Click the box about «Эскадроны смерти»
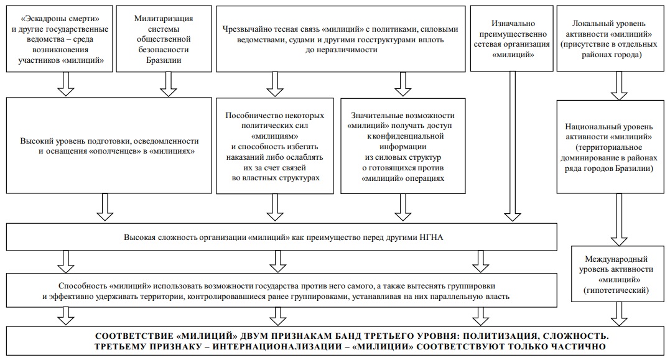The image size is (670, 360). point(59,39)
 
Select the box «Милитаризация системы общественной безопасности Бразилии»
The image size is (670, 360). point(164,39)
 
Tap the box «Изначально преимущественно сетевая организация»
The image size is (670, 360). point(512,39)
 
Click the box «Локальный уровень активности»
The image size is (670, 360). point(610,39)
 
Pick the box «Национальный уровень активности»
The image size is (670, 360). point(610,147)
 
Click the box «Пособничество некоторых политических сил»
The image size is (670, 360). point(275,146)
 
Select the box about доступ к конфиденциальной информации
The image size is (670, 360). point(403,146)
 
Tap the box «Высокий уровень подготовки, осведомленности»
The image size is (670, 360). point(109,145)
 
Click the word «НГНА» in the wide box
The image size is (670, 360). point(432,238)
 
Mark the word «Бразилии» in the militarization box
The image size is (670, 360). point(164,60)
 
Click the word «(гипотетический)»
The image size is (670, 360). point(616,290)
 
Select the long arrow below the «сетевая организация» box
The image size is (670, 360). point(512,146)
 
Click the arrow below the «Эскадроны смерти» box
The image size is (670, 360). point(66,84)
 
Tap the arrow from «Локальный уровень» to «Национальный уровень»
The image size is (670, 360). point(619,86)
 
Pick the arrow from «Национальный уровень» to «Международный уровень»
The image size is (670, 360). point(619,220)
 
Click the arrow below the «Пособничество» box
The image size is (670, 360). point(275,208)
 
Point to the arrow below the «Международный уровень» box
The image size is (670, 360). point(619,315)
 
